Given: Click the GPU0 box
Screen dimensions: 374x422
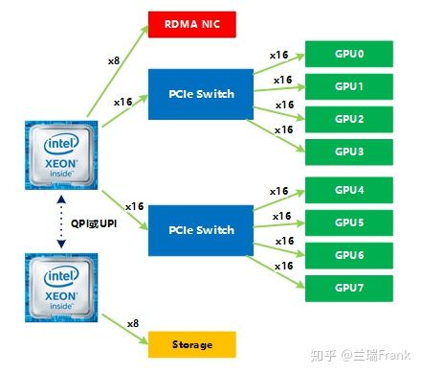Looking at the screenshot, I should [348, 54].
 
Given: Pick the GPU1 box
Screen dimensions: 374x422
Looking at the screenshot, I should [348, 86].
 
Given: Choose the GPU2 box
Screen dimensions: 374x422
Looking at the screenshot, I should [348, 119].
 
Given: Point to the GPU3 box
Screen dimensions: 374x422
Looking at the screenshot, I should [348, 152].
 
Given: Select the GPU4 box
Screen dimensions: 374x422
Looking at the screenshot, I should [348, 190].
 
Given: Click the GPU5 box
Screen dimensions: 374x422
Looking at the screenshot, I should [348, 222].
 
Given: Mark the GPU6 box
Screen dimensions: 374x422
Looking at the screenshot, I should [348, 255].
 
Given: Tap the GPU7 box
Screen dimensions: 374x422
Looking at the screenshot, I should [348, 288].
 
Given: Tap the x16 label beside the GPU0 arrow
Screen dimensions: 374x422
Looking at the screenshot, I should [279, 54].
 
